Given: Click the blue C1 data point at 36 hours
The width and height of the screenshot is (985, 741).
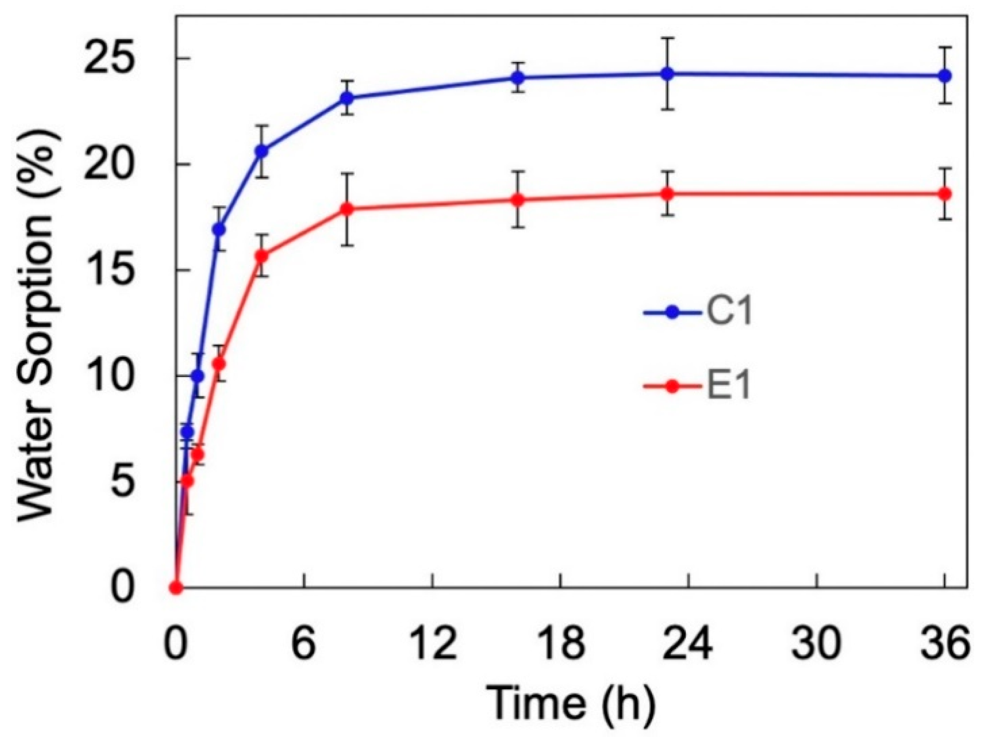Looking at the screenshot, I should pos(945,76).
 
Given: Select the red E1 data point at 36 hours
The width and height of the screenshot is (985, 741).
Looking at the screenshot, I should pos(945,194).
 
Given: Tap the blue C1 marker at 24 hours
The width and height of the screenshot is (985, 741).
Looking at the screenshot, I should pos(667,74).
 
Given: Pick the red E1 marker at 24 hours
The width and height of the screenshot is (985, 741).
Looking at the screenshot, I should pos(667,193).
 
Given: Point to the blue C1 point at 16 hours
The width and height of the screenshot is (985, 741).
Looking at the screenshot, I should pos(518,77).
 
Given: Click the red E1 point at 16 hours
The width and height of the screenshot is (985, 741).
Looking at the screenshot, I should pos(518,200).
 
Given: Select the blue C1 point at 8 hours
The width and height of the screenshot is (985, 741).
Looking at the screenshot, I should pos(347,98).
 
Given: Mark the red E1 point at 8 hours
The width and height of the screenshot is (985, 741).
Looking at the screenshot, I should pos(347,209).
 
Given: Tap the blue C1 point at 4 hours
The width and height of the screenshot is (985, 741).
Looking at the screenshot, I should pos(262,151).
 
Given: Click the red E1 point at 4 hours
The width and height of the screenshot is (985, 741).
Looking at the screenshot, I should pos(262,256).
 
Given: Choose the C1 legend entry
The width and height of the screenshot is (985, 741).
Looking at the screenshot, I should pos(699,312).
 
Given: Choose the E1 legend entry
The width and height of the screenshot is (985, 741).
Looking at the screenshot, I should pos(699,386).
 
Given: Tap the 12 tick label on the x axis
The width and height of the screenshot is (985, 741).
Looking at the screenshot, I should pos(434,644).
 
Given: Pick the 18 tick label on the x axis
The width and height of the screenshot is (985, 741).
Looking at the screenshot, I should pos(561,644).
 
